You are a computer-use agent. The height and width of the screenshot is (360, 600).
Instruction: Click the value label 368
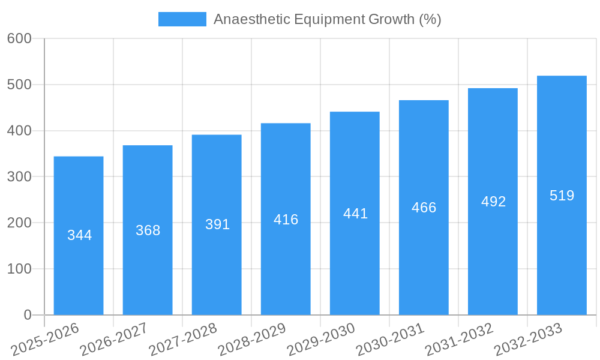[x=148, y=230]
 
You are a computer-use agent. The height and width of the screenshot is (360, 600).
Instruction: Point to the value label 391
[x=217, y=224]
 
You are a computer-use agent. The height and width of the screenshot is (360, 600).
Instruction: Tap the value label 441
[x=355, y=214]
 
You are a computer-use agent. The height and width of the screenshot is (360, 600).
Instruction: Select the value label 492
[x=493, y=202]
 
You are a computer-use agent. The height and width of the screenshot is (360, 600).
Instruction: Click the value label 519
[x=562, y=196]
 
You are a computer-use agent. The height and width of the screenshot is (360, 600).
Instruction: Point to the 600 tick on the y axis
[x=19, y=38]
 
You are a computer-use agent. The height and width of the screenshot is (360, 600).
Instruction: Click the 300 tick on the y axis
[x=19, y=177]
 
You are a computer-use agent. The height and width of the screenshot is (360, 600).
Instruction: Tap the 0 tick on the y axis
[x=28, y=315]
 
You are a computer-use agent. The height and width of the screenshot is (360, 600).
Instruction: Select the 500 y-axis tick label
[x=19, y=85]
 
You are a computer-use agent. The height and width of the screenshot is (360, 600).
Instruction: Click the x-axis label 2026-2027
[x=114, y=340]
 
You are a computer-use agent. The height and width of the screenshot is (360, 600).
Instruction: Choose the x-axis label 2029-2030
[x=321, y=340]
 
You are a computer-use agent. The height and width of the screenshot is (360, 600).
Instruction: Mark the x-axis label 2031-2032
[x=459, y=340]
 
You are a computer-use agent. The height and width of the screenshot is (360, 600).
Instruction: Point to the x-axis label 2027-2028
[x=183, y=340]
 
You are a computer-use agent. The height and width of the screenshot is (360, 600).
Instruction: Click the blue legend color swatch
[x=182, y=19]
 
